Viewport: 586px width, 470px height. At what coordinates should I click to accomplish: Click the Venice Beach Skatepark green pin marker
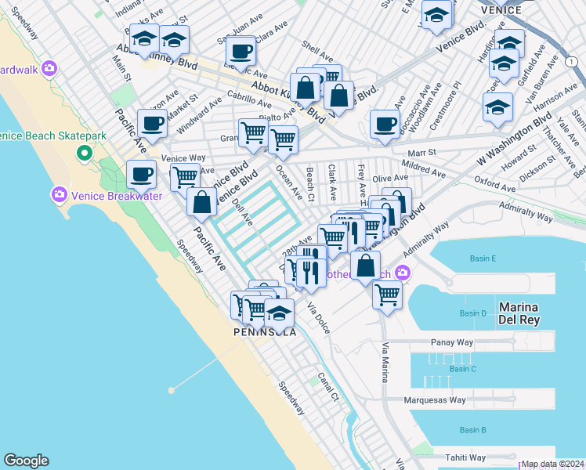[x=84, y=152]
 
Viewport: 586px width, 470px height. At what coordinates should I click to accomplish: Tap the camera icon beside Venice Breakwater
[x=58, y=193]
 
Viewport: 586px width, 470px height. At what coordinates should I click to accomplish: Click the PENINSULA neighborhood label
[x=265, y=332]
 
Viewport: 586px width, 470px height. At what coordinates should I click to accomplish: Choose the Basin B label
[x=473, y=430]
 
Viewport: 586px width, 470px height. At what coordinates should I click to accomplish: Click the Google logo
[x=26, y=461]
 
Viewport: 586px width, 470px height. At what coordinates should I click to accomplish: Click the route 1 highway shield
[x=570, y=60]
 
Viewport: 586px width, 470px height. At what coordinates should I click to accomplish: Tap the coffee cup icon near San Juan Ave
[x=241, y=52]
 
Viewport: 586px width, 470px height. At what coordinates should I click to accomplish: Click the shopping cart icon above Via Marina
[x=387, y=295]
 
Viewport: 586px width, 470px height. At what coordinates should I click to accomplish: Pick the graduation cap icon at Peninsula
[x=279, y=313]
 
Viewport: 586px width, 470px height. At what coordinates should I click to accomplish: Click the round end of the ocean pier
[x=171, y=389]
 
